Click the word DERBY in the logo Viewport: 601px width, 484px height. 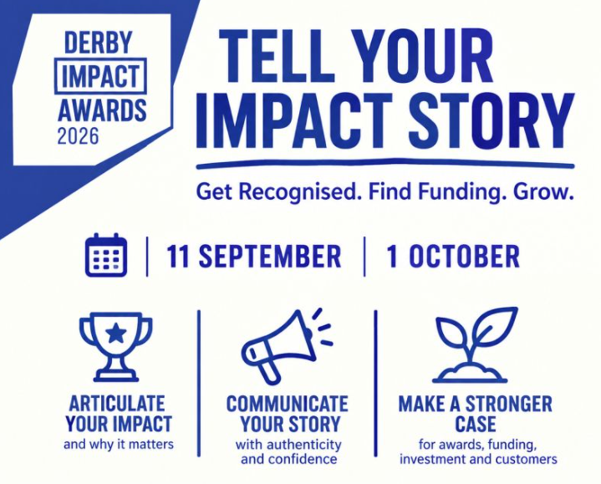click(x=98, y=43)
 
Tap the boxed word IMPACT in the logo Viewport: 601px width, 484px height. click(x=100, y=76)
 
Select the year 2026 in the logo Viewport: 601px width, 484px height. click(x=79, y=136)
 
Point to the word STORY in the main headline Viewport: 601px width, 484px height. click(x=490, y=120)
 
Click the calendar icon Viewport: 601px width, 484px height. click(x=106, y=255)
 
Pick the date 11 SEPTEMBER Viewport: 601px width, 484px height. click(x=254, y=257)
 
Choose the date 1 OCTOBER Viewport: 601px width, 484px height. click(x=453, y=257)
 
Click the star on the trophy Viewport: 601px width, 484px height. click(x=115, y=333)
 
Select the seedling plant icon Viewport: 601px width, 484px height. click(x=475, y=345)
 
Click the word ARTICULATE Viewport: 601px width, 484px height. click(x=117, y=403)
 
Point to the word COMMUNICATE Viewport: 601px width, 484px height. click(x=288, y=404)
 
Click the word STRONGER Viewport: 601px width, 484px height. click(x=508, y=404)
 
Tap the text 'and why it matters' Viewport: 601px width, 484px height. click(x=119, y=445)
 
